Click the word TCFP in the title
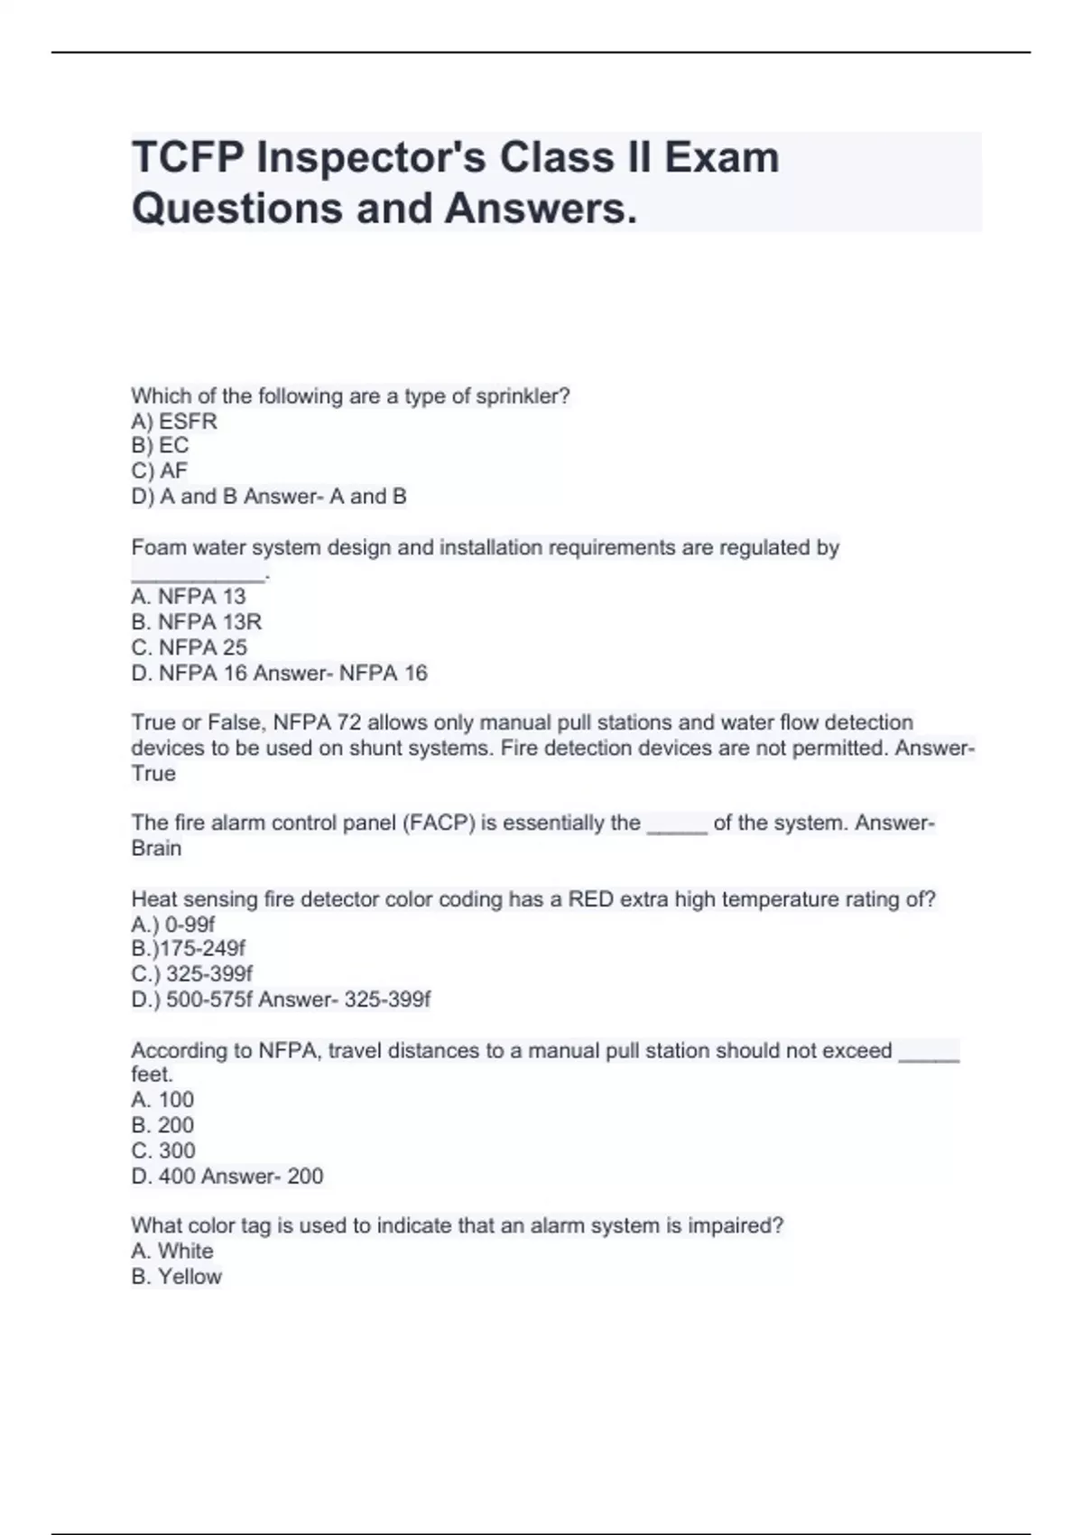[x=187, y=158]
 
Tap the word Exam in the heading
[x=721, y=158]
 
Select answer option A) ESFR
[x=174, y=422]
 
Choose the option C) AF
[x=160, y=471]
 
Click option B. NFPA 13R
[x=196, y=622]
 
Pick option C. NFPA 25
[x=189, y=647]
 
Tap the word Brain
[x=156, y=849]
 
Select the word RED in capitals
[x=590, y=899]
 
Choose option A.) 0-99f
[x=173, y=925]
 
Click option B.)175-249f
[x=188, y=949]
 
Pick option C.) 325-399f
[x=191, y=974]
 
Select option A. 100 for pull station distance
[x=162, y=1100]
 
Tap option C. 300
[x=162, y=1150]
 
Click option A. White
[x=172, y=1251]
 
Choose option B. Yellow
[x=176, y=1277]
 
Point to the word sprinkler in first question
[x=523, y=396]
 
